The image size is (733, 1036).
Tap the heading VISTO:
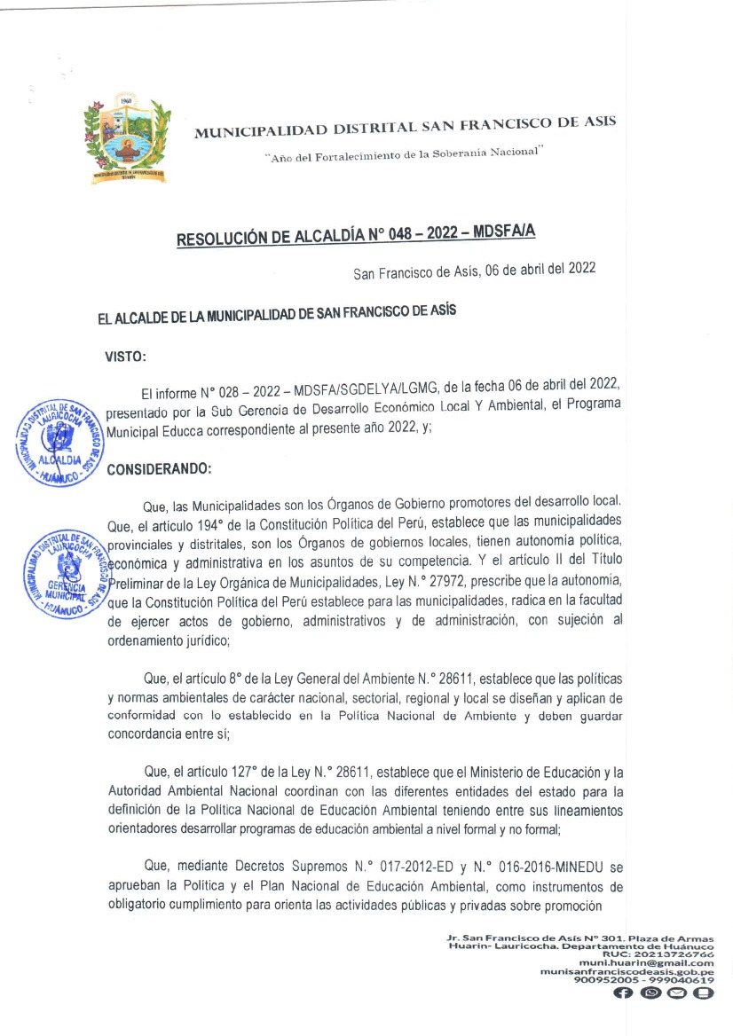(126, 357)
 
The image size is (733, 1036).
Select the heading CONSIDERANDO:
(158, 470)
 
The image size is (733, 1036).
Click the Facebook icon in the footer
(623, 993)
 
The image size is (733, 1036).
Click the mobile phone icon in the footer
(703, 993)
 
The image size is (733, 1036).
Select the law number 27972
(404, 581)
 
